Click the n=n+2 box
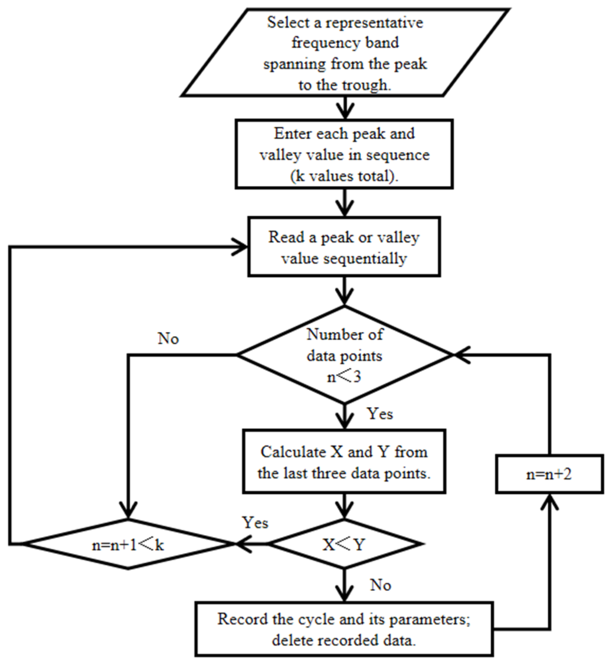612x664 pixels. tap(549, 474)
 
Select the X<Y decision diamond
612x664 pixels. tap(345, 544)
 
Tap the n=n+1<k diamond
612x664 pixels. tap(128, 544)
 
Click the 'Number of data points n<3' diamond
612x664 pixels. tap(344, 355)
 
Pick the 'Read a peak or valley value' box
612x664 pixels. tap(344, 247)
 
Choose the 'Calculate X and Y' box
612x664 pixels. tap(344, 461)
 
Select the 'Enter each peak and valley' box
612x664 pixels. tap(344, 154)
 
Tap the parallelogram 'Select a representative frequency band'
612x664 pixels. tap(345, 53)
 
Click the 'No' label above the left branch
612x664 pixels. tap(168, 339)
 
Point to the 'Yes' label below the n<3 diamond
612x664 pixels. tap(380, 414)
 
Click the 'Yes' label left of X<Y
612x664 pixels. tap(255, 523)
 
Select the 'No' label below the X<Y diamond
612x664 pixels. tap(381, 585)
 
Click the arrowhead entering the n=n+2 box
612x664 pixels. tap(549, 502)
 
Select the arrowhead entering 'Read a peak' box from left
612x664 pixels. tap(240, 247)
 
